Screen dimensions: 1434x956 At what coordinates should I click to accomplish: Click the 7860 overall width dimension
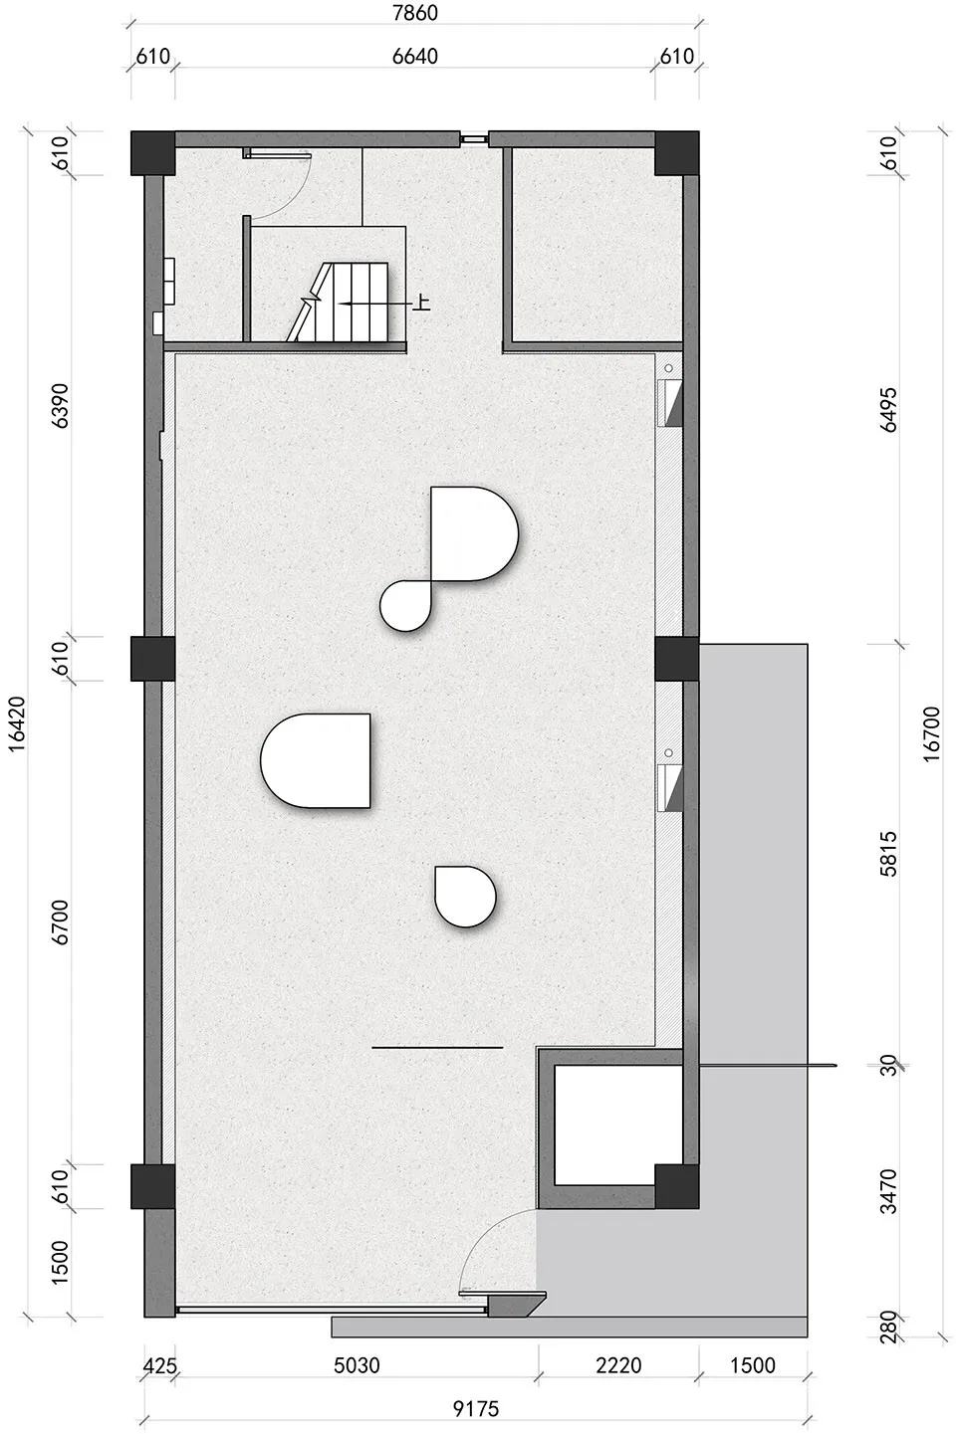(414, 14)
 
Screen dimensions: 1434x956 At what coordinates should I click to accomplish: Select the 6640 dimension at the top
(414, 56)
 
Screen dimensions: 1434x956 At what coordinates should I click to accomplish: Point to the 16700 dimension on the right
(931, 733)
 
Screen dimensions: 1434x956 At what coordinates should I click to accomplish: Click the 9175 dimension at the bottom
(475, 1408)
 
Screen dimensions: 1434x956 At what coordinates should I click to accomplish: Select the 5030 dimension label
(357, 1365)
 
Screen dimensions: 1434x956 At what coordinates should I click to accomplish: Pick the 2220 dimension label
(618, 1365)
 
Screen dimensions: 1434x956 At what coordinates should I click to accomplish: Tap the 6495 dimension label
(889, 408)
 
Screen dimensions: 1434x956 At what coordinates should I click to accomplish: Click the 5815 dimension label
(889, 853)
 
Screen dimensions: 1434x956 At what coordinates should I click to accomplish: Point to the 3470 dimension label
(889, 1190)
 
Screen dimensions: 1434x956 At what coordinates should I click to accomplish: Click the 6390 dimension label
(62, 405)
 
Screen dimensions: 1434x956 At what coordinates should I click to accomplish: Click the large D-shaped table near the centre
(473, 533)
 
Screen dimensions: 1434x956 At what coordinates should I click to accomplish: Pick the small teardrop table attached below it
(406, 606)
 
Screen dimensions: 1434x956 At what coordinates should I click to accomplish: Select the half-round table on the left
(317, 760)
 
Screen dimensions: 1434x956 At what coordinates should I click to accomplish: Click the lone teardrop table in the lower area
(465, 896)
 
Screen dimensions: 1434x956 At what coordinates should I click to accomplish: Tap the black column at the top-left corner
(152, 152)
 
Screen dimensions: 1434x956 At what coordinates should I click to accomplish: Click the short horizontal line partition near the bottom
(437, 1048)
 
